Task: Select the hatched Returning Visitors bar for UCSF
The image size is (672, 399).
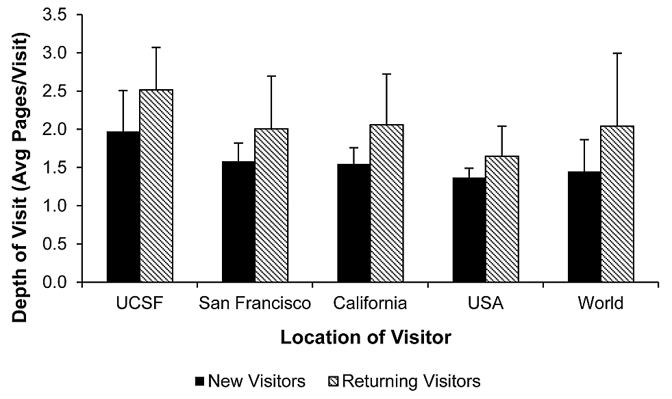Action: coord(156,186)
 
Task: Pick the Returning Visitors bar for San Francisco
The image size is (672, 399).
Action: coord(271,205)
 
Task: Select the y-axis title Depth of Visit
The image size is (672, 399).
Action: coord(21,148)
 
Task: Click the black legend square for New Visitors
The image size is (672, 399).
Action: coord(199,381)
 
